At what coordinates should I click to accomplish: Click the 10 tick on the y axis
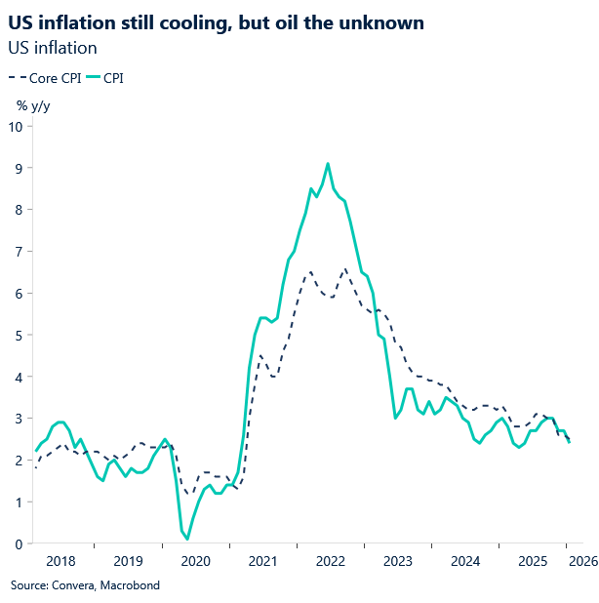16,126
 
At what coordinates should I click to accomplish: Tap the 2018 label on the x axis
60,561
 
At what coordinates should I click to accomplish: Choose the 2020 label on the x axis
196,561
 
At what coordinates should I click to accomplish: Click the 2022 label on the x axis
331,561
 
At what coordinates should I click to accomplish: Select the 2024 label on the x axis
465,561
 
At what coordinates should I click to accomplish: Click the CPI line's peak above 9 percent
328,164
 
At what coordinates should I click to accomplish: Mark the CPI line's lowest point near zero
187,539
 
